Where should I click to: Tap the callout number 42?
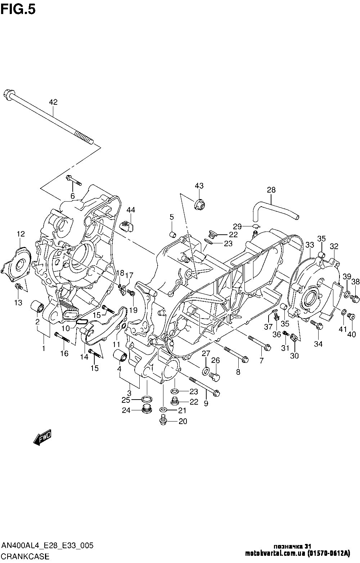(x=53, y=102)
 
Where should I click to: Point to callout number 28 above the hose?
(x=271, y=190)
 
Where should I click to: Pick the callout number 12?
(x=21, y=234)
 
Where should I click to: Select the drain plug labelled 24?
(x=146, y=409)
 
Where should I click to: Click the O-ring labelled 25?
(x=147, y=399)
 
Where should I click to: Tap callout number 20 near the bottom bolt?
(x=183, y=422)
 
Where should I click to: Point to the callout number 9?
(x=206, y=404)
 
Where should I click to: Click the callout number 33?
(x=310, y=245)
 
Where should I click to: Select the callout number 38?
(x=356, y=282)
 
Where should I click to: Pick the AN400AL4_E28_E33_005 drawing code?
(x=48, y=545)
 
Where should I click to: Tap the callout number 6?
(x=72, y=196)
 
